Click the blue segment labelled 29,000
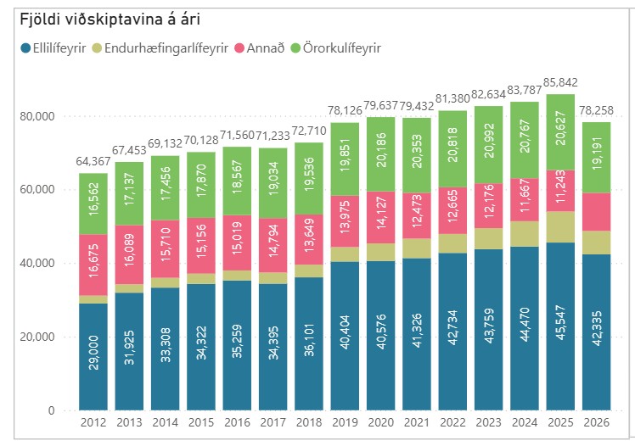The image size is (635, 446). pyautogui.click(x=94, y=356)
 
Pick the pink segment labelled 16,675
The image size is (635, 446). pyautogui.click(x=94, y=265)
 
